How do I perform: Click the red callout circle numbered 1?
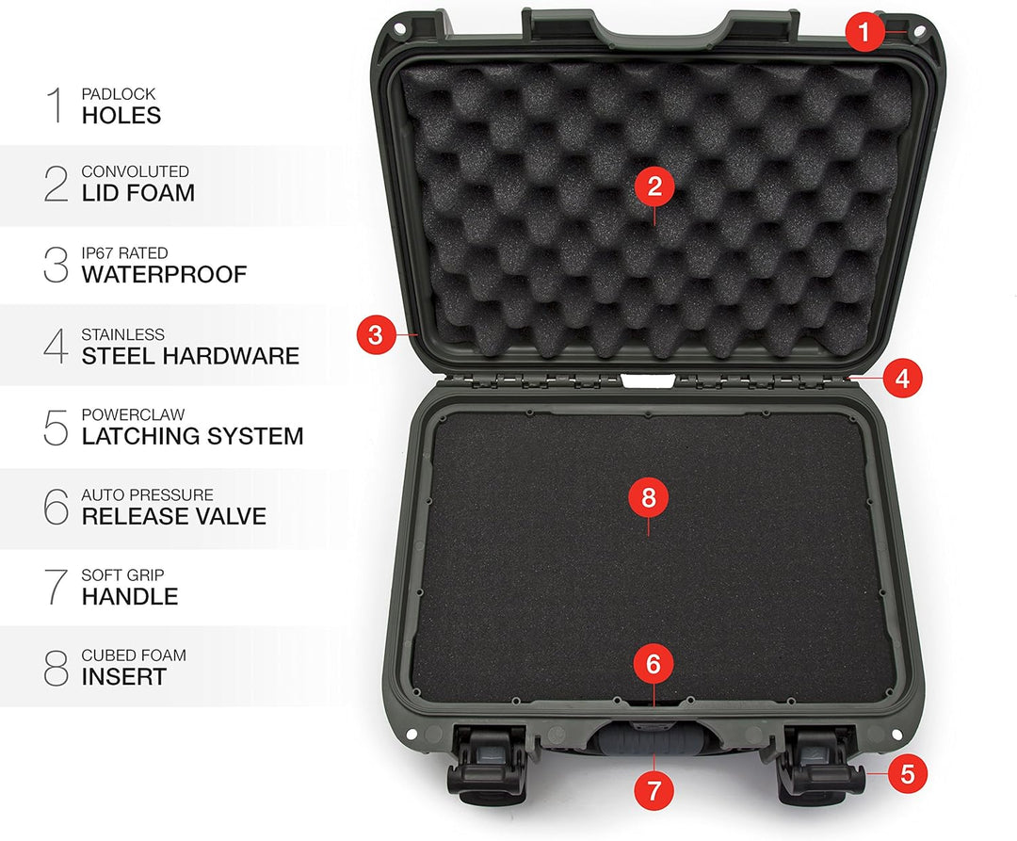pyautogui.click(x=864, y=31)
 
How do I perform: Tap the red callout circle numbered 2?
pyautogui.click(x=654, y=186)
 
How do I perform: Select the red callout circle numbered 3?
pyautogui.click(x=376, y=334)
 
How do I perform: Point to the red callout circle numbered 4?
pyautogui.click(x=902, y=378)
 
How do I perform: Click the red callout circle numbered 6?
pyautogui.click(x=654, y=663)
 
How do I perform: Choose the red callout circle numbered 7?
pyautogui.click(x=654, y=790)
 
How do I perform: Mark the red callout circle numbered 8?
pyautogui.click(x=649, y=497)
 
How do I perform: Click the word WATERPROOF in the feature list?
pyautogui.click(x=164, y=274)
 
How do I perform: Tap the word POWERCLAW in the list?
pyautogui.click(x=133, y=414)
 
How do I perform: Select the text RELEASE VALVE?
pyautogui.click(x=174, y=516)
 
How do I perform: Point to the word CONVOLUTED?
pyautogui.click(x=135, y=171)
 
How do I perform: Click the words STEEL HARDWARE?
pyautogui.click(x=190, y=356)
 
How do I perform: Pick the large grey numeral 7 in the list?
pyautogui.click(x=56, y=587)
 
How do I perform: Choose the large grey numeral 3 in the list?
pyautogui.click(x=56, y=265)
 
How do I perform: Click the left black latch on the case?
pyautogui.click(x=487, y=765)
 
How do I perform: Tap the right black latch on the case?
pyautogui.click(x=819, y=765)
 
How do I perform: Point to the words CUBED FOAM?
pyautogui.click(x=134, y=655)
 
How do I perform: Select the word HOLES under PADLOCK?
pyautogui.click(x=121, y=116)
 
